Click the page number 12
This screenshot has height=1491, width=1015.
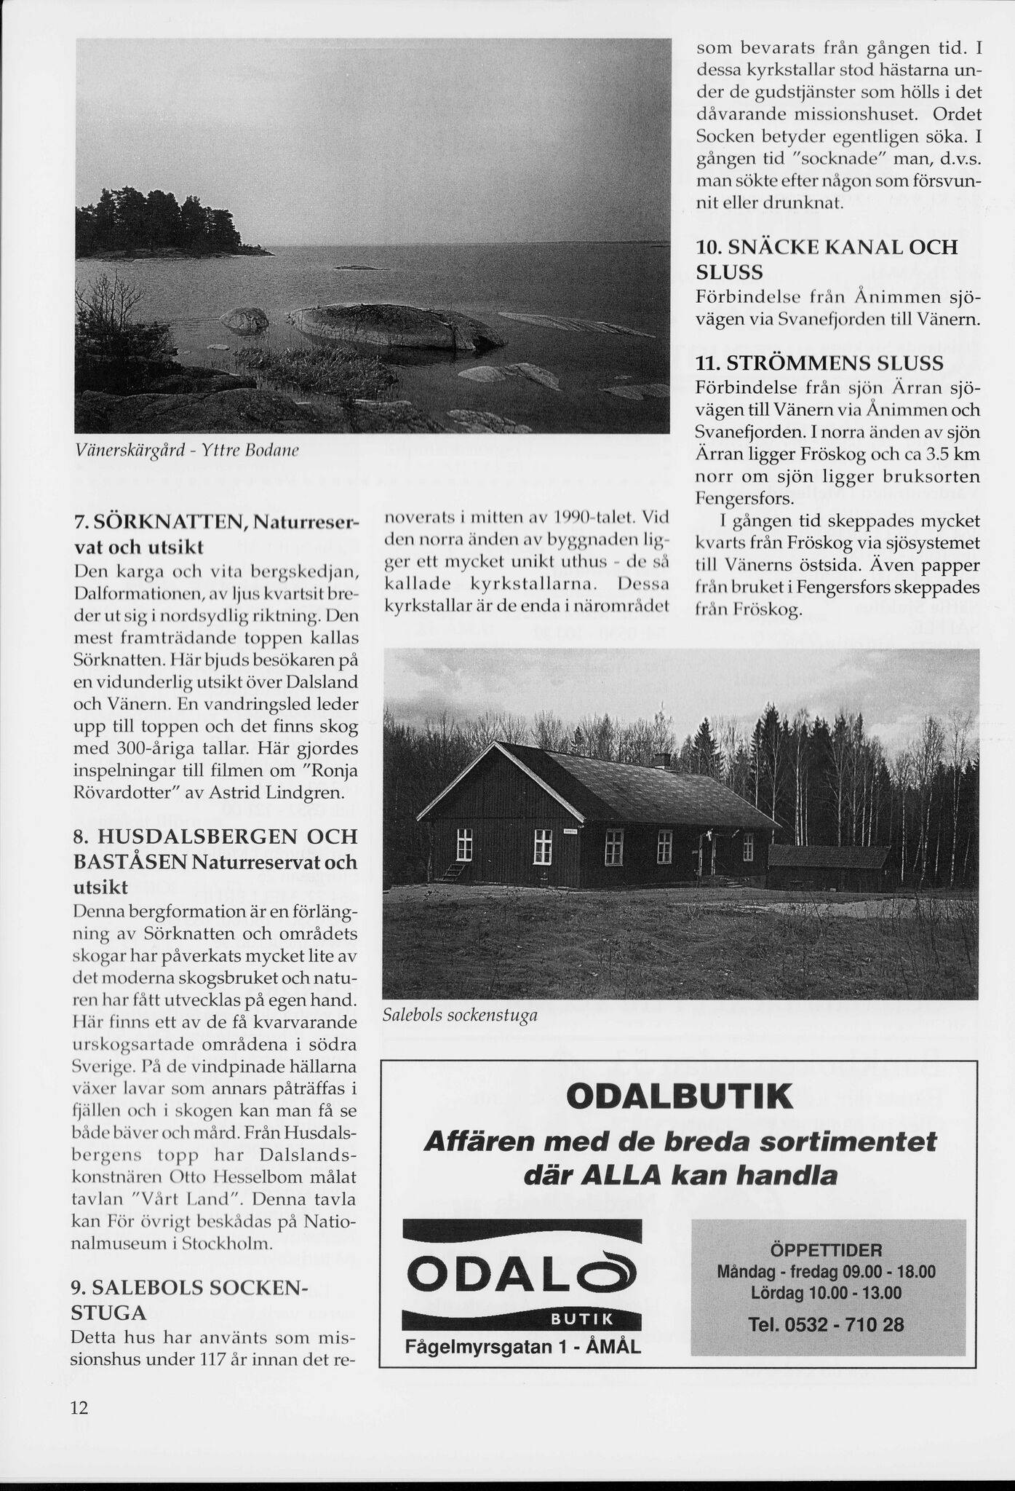[x=79, y=1407]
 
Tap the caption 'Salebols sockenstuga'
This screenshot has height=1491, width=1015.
[x=460, y=1015]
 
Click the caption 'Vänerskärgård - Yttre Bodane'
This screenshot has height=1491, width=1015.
[x=188, y=451]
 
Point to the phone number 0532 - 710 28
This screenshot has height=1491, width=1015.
[x=827, y=1324]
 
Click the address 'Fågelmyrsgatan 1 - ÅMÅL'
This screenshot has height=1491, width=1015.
[x=522, y=1347]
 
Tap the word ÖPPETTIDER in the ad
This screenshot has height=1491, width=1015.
[x=825, y=1251]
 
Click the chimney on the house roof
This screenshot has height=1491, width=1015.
[x=661, y=760]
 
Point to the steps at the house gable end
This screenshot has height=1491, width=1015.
[x=453, y=871]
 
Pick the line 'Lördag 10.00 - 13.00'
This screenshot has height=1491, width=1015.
[x=827, y=1293]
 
